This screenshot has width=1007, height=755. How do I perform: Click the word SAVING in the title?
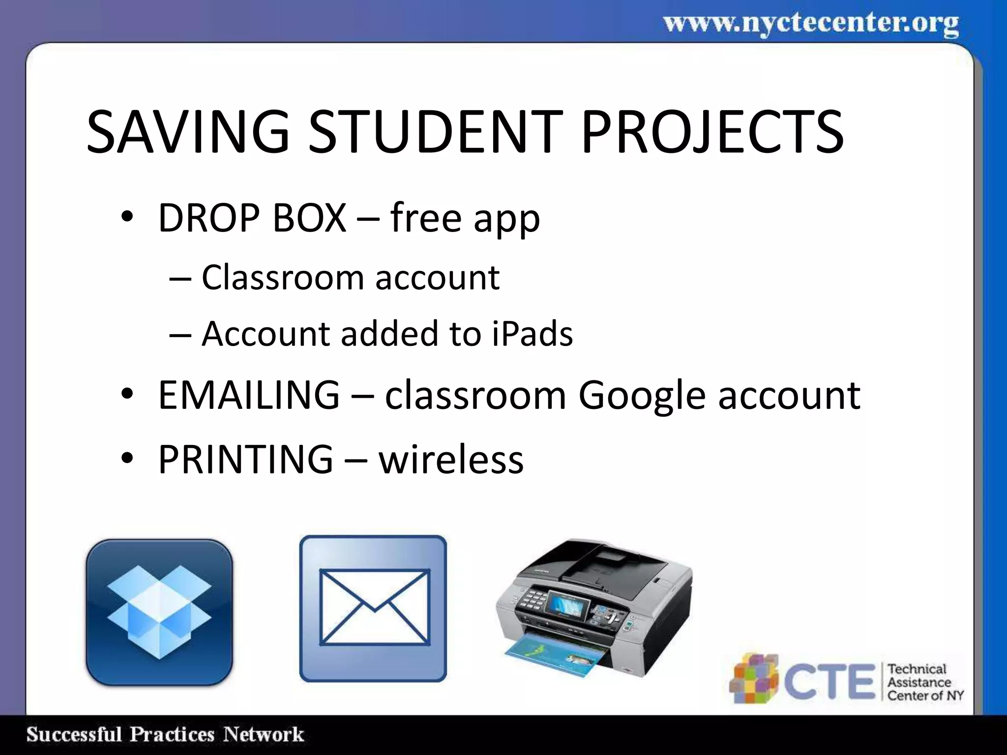pos(188,132)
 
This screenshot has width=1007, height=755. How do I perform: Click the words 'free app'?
pos(465,218)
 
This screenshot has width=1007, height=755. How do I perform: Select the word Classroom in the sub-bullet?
pos(283,278)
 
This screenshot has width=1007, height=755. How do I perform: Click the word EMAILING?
pos(249,395)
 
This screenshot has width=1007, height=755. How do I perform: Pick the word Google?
pos(642,396)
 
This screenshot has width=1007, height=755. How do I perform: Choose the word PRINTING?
pos(245,459)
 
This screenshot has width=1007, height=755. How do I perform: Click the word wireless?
pos(451,460)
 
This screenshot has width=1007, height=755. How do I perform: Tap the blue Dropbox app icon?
pos(159,611)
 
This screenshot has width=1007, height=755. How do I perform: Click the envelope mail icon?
pos(373,608)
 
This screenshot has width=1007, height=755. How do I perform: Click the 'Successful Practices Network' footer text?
pos(165,735)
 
